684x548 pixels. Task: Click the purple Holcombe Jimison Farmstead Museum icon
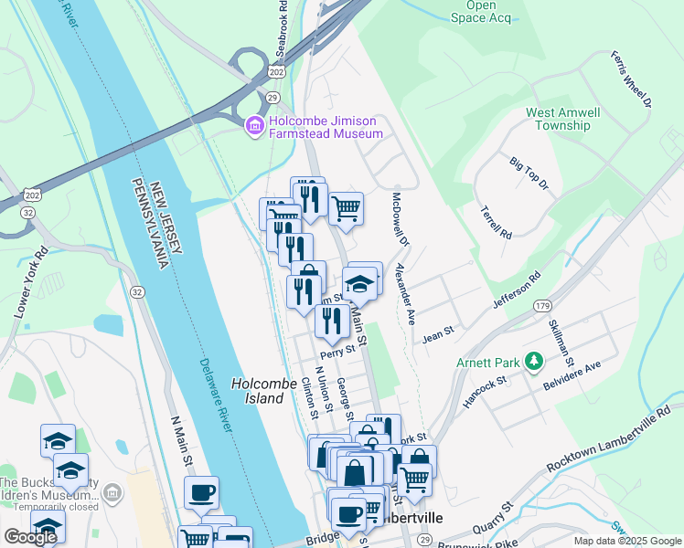pyautogui.click(x=253, y=125)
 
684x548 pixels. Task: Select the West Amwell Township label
pyautogui.click(x=562, y=120)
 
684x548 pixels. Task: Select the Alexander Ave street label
pyautogui.click(x=405, y=293)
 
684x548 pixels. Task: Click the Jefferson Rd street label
pyautogui.click(x=517, y=289)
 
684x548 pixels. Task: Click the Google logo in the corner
pyautogui.click(x=30, y=537)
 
